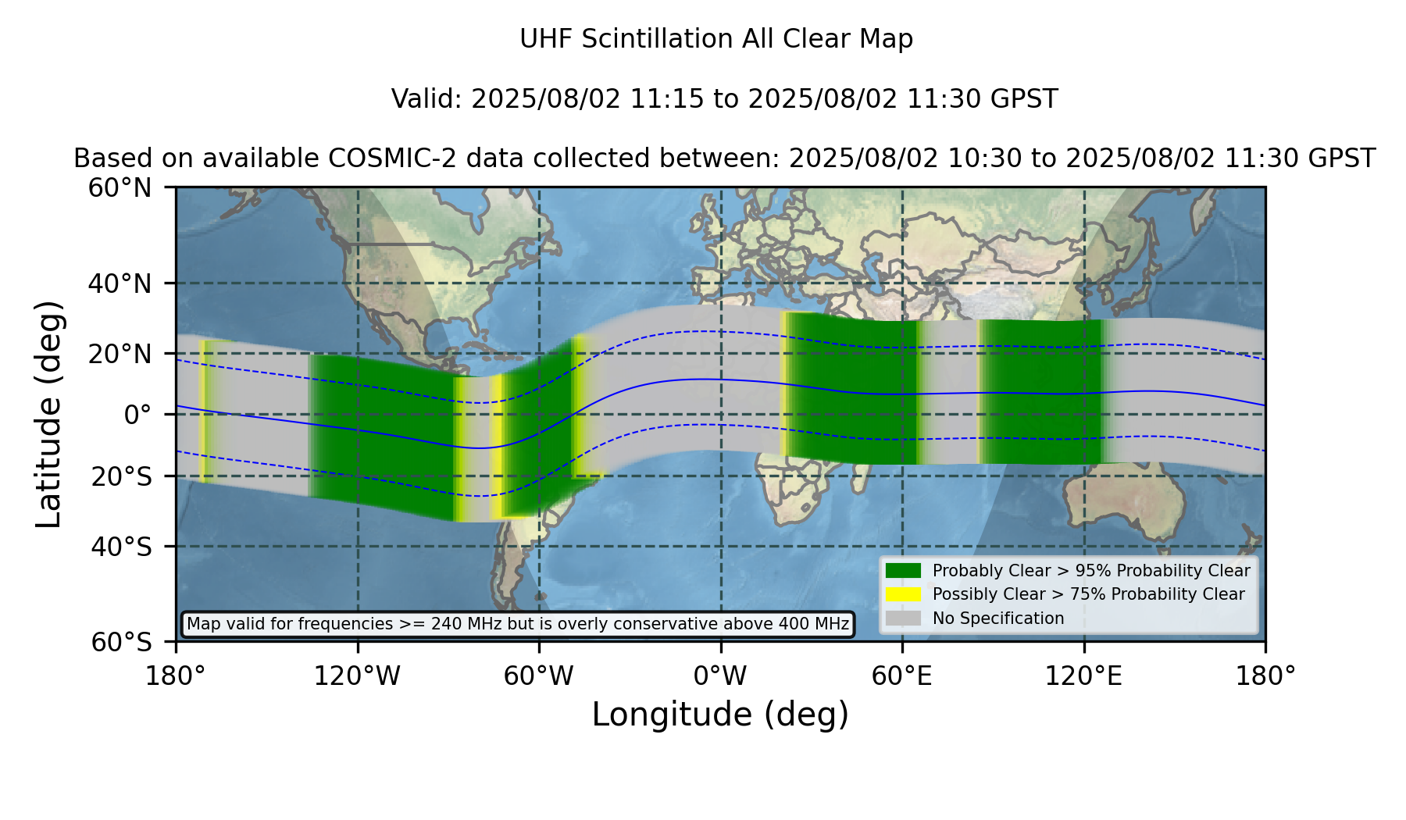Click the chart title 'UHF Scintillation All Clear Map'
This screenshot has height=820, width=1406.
[x=716, y=39]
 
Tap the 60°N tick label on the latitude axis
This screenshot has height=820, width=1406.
[x=120, y=188]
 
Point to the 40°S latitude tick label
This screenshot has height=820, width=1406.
[x=121, y=547]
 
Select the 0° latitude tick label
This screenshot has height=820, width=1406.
[x=137, y=415]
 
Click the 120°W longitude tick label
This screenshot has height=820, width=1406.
[x=357, y=676]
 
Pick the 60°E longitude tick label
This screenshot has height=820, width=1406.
[x=902, y=676]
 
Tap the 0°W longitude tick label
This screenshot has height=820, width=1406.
[x=720, y=676]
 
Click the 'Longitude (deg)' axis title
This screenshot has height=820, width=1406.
[x=720, y=715]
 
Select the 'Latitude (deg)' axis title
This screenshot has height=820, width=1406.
[x=49, y=414]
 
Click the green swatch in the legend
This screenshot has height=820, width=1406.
[x=903, y=571]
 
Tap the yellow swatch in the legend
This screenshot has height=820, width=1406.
[x=903, y=594]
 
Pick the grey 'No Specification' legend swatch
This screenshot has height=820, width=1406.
[x=903, y=619]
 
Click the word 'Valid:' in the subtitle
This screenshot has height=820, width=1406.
[x=427, y=99]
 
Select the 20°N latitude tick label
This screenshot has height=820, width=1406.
[x=120, y=354]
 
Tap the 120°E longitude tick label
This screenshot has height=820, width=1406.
[x=1083, y=676]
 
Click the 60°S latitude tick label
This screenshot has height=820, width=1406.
[x=121, y=642]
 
